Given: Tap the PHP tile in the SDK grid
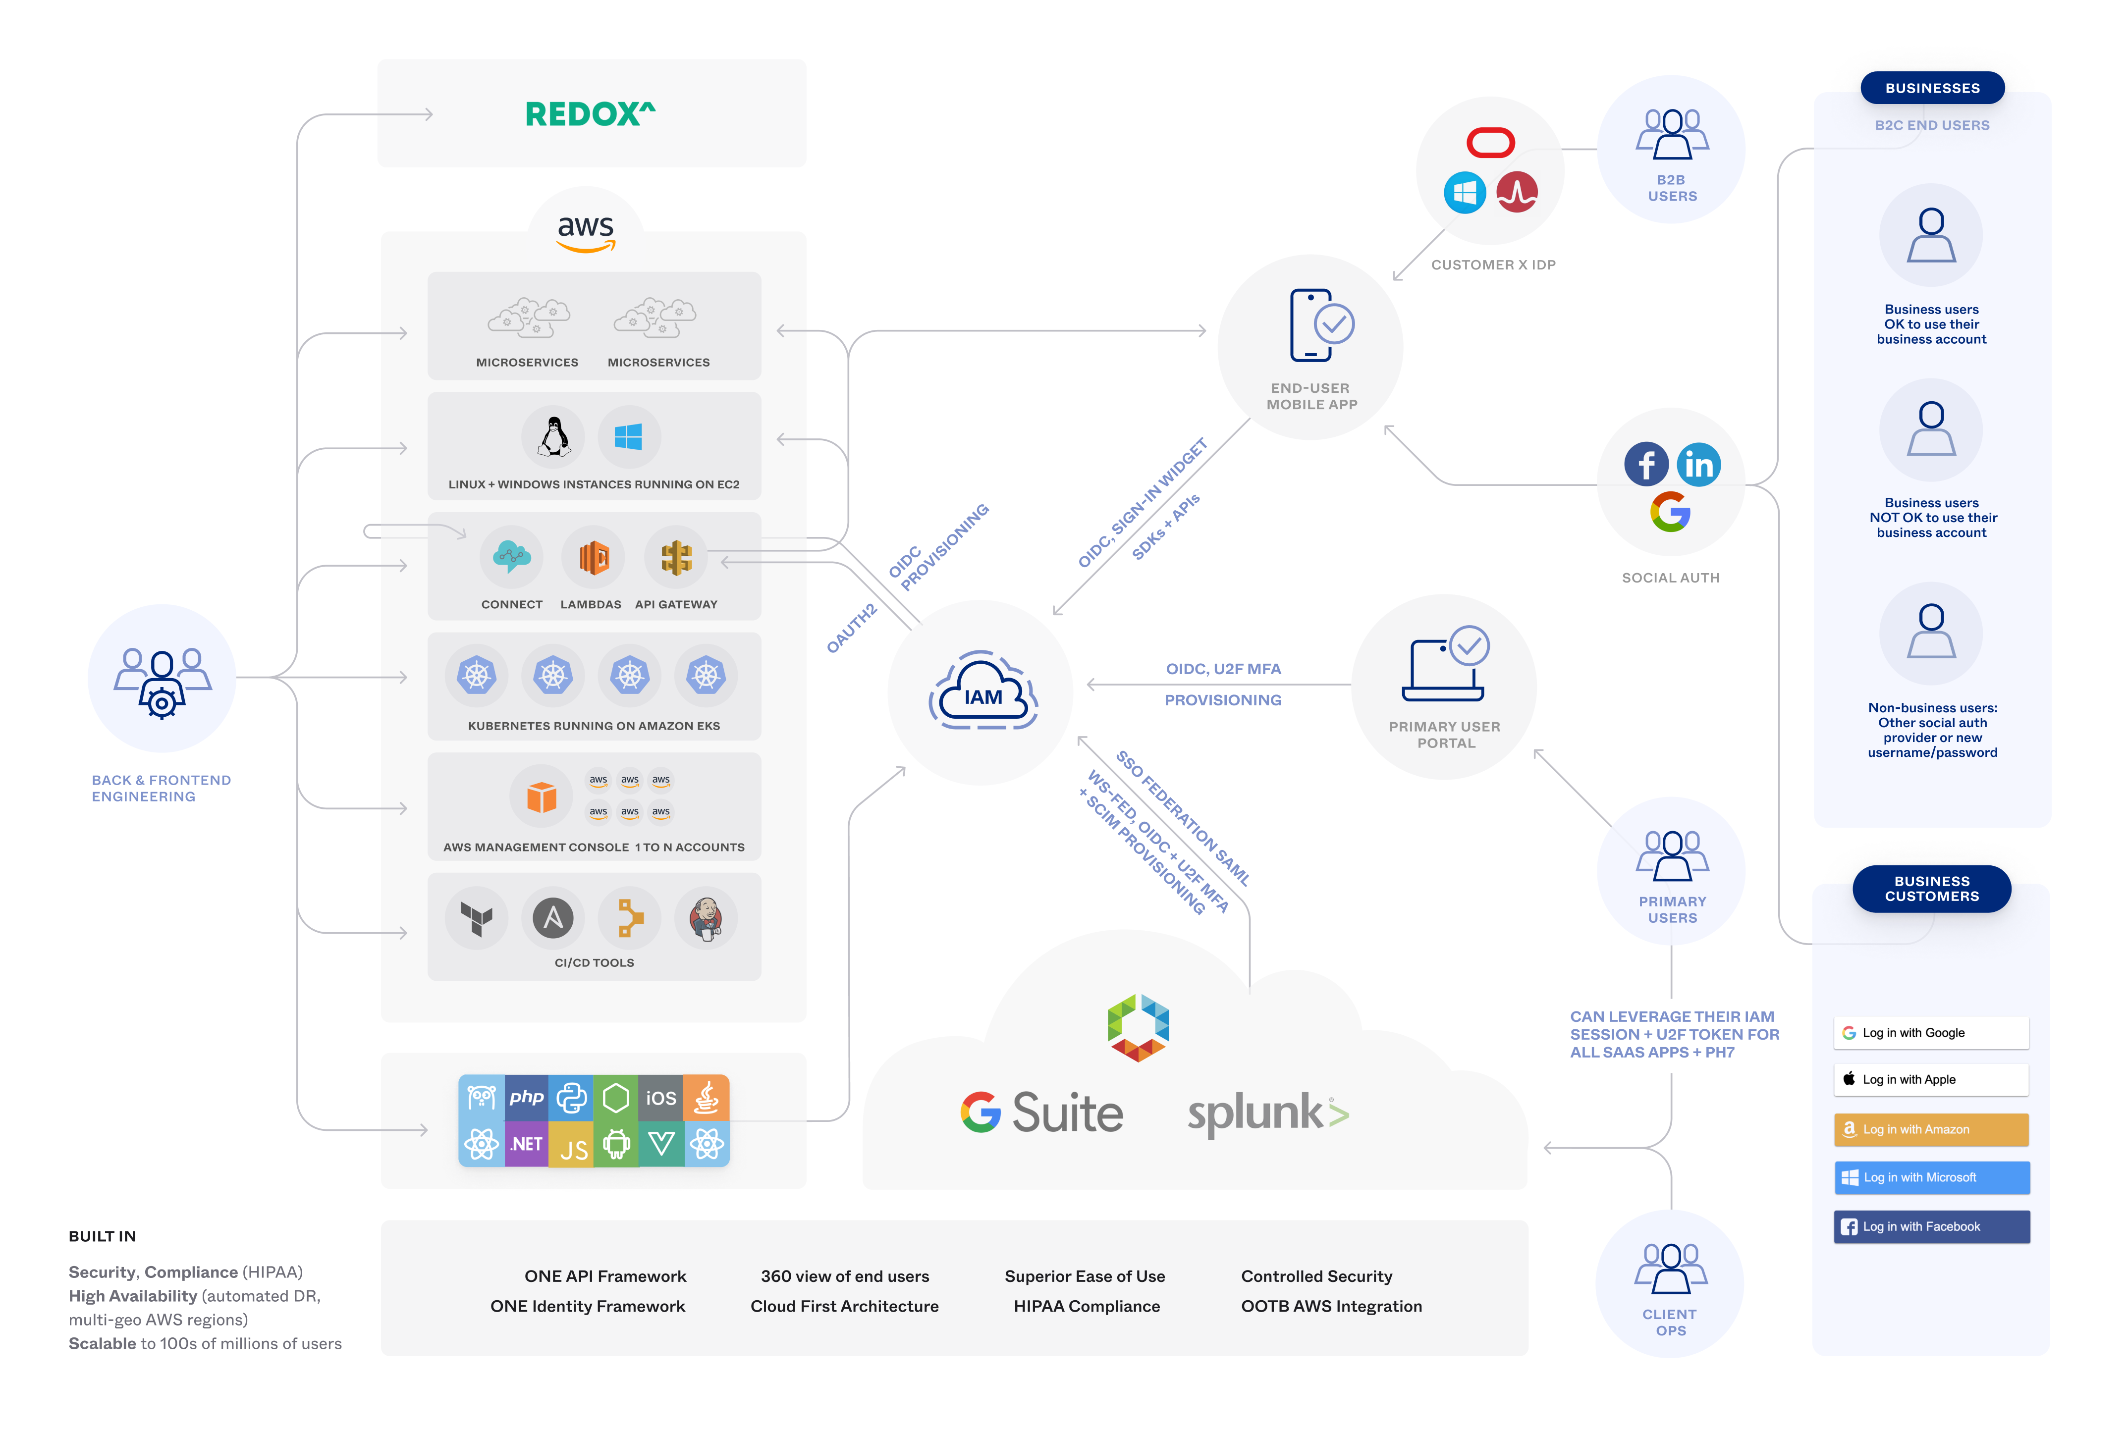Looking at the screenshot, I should point(527,1098).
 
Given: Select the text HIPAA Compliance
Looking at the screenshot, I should point(1086,1306).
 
